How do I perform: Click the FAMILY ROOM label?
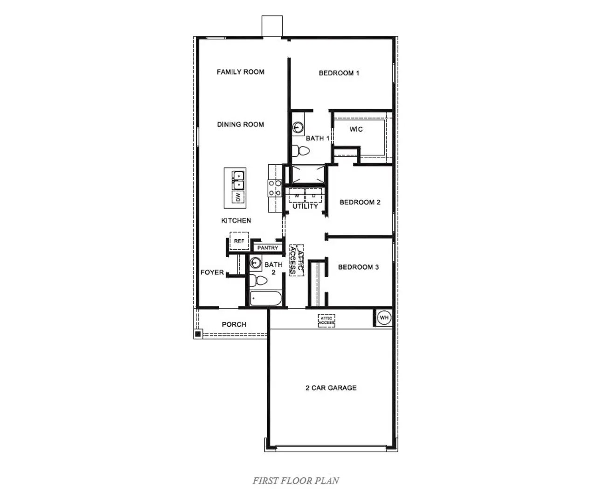pyautogui.click(x=240, y=72)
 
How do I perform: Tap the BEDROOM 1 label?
pyautogui.click(x=339, y=73)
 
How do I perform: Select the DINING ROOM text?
pyautogui.click(x=240, y=125)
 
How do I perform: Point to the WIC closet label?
pyautogui.click(x=356, y=129)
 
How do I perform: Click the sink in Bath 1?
pyautogui.click(x=298, y=127)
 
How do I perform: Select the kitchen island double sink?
pyautogui.click(x=238, y=180)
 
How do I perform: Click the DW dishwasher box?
pyautogui.click(x=238, y=197)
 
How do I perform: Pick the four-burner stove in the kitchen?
pyautogui.click(x=275, y=188)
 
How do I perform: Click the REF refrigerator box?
pyautogui.click(x=239, y=241)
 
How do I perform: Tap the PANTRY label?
pyautogui.click(x=268, y=248)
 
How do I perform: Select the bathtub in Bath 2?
pyautogui.click(x=266, y=298)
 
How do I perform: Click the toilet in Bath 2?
pyautogui.click(x=257, y=280)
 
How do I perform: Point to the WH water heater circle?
pyautogui.click(x=384, y=318)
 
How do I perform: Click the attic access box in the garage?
pyautogui.click(x=326, y=321)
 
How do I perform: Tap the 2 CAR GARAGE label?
pyautogui.click(x=331, y=388)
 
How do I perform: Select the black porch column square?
pyautogui.click(x=198, y=334)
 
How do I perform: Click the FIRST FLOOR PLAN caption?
pyautogui.click(x=296, y=481)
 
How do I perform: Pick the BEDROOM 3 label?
pyautogui.click(x=358, y=267)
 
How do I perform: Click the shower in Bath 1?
pyautogui.click(x=306, y=175)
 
